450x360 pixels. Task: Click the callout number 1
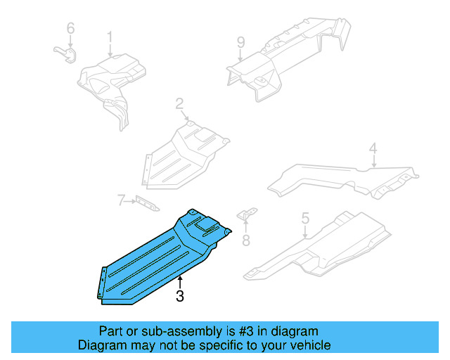pyautogui.click(x=110, y=37)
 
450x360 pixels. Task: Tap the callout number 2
pyautogui.click(x=179, y=105)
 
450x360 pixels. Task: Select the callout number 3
pyautogui.click(x=180, y=297)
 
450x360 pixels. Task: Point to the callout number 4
pyautogui.click(x=373, y=148)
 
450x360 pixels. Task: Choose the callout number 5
pyautogui.click(x=305, y=219)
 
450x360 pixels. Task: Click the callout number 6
pyautogui.click(x=70, y=29)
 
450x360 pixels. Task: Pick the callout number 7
pyautogui.click(x=121, y=202)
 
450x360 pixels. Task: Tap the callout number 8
pyautogui.click(x=245, y=240)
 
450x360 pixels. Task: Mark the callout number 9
pyautogui.click(x=240, y=43)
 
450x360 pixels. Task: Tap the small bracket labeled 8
pyautogui.click(x=247, y=215)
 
